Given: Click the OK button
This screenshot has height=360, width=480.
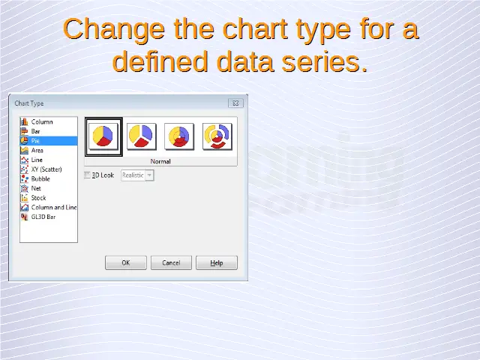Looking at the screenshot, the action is coord(126,262).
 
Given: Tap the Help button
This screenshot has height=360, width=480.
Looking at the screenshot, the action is coord(217,262).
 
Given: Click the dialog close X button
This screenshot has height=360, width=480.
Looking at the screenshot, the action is coord(235,103).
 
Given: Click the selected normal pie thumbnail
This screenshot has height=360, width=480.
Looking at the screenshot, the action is coord(103,136).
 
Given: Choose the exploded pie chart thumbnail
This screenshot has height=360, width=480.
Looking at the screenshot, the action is coord(142,136).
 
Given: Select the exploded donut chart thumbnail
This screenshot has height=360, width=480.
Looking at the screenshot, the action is coord(217,136).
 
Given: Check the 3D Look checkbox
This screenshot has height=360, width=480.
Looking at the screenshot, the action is coord(87,175).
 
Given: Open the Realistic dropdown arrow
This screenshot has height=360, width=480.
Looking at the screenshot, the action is coord(149,175).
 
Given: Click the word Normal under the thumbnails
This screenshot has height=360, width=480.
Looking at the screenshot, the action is coord(160,161).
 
